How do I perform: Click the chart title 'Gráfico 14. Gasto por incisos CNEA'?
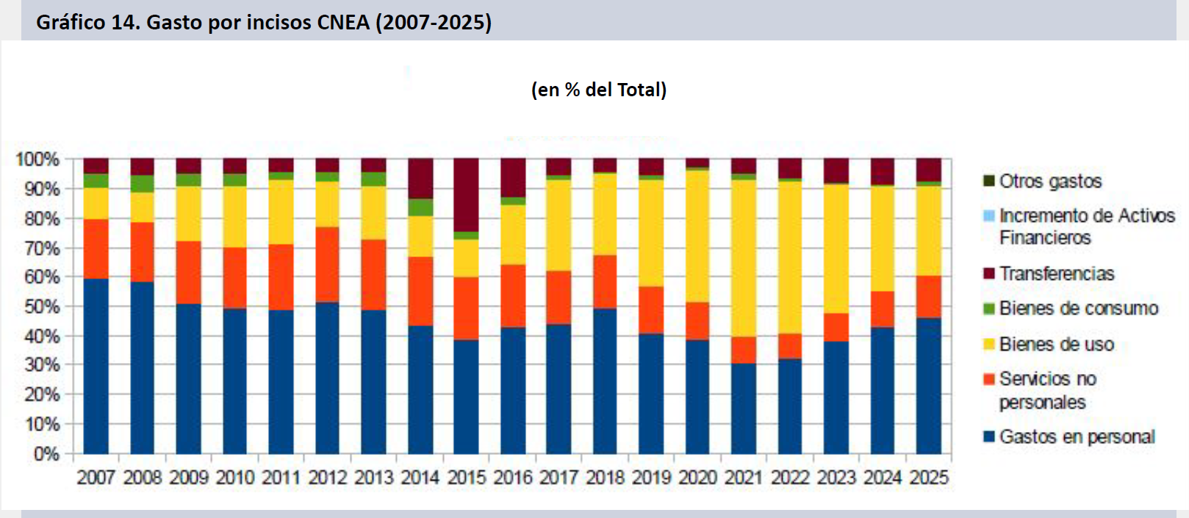[x=264, y=22]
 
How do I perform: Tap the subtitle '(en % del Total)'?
[x=599, y=90]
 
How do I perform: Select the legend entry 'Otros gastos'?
[x=1050, y=181]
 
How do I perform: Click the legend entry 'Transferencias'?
[x=1056, y=273]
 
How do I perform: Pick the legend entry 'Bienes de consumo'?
[x=1078, y=309]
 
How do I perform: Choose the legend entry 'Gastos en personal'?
[x=1077, y=437]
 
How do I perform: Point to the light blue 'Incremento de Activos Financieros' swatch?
[x=989, y=216]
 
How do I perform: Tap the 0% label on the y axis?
[x=46, y=454]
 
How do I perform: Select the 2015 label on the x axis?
[x=467, y=478]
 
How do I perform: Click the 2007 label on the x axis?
[x=96, y=478]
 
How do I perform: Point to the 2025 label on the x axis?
[x=929, y=478]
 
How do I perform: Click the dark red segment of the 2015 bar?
[x=467, y=195]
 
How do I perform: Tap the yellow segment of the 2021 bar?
[x=744, y=257]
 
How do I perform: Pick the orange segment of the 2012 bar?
[x=328, y=265]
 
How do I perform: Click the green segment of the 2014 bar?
[x=420, y=207]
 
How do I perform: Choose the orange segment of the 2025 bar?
[x=929, y=297]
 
